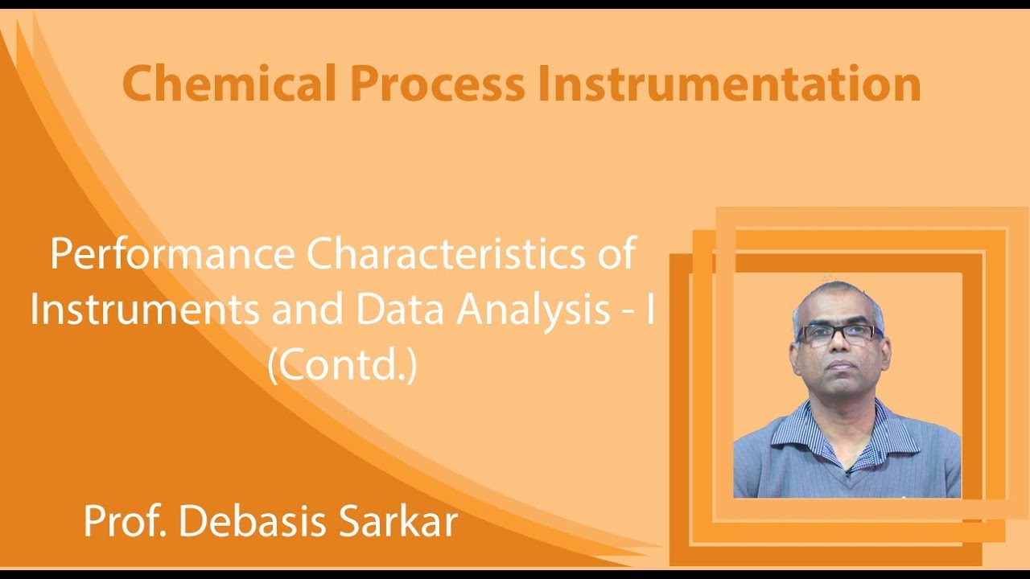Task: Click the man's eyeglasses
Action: [x=838, y=334]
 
